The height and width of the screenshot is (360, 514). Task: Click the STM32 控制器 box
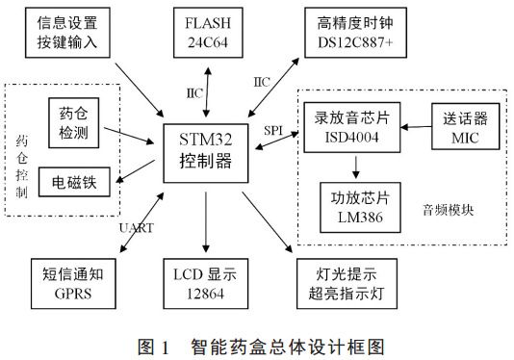(x=204, y=153)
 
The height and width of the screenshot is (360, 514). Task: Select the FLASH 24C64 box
(x=204, y=31)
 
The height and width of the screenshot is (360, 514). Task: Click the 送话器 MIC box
(x=465, y=126)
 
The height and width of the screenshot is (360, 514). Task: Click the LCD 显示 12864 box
(x=204, y=280)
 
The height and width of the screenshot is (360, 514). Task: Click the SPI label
(x=272, y=126)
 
